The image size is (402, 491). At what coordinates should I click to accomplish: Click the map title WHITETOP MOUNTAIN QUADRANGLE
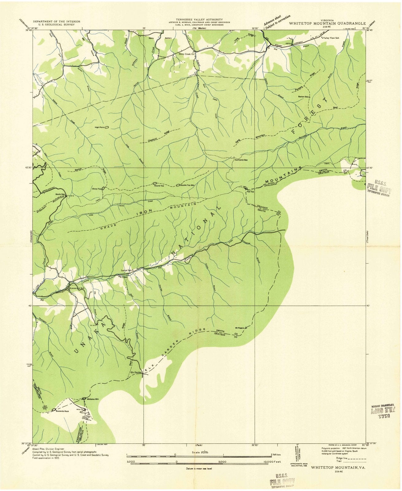(x=327, y=23)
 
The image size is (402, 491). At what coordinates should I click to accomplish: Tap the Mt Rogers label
(x=240, y=328)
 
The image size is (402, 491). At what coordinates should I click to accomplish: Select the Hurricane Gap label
(x=241, y=160)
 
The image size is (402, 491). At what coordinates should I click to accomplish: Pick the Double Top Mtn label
(x=187, y=185)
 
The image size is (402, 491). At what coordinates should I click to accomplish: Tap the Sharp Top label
(x=96, y=189)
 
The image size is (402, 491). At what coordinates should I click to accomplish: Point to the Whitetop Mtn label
(x=92, y=399)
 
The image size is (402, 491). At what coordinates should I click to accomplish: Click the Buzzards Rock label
(x=62, y=411)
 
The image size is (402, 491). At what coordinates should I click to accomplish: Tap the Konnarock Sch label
(x=77, y=288)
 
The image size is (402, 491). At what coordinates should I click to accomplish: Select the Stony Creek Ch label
(x=187, y=54)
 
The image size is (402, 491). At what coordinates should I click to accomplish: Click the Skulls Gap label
(x=60, y=194)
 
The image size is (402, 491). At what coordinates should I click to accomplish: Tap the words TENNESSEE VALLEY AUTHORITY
(x=195, y=19)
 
